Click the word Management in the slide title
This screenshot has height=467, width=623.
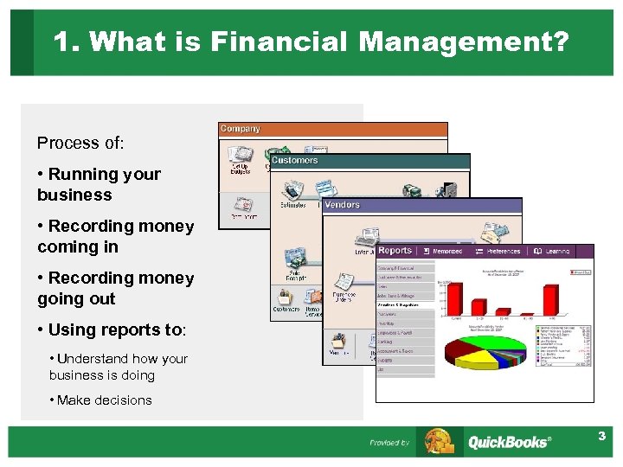(x=464, y=42)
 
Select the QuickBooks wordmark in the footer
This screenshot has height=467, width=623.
(x=509, y=442)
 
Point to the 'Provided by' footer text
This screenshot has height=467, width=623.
(x=389, y=443)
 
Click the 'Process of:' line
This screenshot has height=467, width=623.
(x=80, y=142)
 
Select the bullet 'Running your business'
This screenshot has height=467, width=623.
(x=100, y=184)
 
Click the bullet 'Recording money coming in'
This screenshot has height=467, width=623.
(x=115, y=236)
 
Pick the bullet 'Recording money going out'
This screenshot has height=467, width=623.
(x=115, y=288)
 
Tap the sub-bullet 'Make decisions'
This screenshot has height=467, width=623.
(x=100, y=400)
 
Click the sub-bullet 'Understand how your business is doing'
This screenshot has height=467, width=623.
(x=118, y=367)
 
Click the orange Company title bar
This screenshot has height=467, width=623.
(x=333, y=130)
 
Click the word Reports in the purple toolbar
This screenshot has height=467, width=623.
(x=395, y=251)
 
